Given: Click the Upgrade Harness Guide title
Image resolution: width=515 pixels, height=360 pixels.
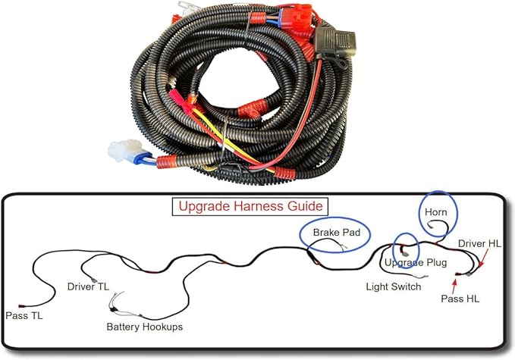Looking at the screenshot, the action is (250, 206).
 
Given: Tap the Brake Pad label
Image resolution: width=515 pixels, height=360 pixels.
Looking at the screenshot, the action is (336, 233).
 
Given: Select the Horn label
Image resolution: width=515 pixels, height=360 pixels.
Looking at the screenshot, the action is (436, 212).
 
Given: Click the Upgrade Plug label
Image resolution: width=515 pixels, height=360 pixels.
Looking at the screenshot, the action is (416, 262).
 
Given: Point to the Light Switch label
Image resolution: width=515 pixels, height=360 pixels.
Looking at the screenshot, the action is (394, 286).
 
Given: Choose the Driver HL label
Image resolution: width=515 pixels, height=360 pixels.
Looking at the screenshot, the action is (479, 243).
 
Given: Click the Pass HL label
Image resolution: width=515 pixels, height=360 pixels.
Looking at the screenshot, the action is (460, 299).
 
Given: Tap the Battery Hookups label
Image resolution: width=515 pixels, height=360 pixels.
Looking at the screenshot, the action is (145, 327).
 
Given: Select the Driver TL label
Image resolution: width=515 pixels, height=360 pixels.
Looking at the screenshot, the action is (88, 286).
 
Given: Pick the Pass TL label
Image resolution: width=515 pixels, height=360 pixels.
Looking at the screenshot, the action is (24, 316).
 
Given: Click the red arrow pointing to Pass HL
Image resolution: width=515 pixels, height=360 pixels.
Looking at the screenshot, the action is (454, 286).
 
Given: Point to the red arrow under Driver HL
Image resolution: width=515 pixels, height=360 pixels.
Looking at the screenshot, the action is (483, 258).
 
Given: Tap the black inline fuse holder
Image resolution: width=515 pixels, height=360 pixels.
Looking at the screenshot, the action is (334, 42).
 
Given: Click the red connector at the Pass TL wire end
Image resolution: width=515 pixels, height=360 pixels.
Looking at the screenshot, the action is (22, 306).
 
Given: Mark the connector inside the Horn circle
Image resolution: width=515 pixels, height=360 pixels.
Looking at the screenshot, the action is (430, 225).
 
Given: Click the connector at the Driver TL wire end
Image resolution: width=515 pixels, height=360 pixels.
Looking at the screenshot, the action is (94, 280).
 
